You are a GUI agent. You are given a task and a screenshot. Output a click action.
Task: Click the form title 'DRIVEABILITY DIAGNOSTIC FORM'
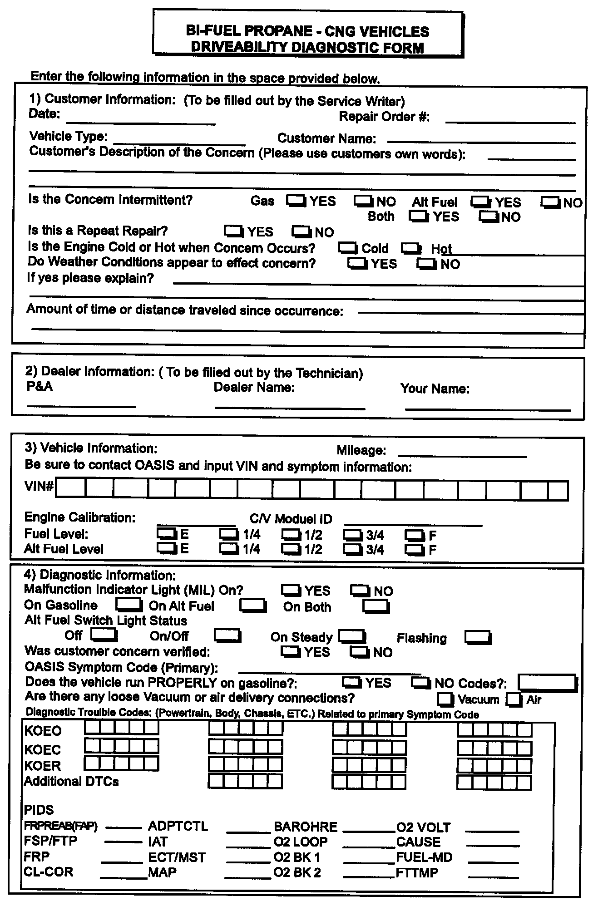[307, 47]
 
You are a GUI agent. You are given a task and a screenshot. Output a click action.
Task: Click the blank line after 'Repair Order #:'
[510, 121]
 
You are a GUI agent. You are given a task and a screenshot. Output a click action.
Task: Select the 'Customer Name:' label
[326, 138]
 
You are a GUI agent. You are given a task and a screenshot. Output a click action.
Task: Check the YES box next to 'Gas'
[296, 201]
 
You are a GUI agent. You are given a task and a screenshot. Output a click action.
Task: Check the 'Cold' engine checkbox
[348, 248]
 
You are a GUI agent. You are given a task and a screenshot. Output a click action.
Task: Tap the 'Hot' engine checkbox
[411, 248]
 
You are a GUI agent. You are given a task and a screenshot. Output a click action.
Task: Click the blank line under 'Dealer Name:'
[290, 407]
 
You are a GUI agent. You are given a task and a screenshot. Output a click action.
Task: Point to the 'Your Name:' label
[435, 389]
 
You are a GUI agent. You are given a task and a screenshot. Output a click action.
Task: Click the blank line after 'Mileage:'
[462, 455]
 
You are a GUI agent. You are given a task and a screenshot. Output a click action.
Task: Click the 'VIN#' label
[39, 487]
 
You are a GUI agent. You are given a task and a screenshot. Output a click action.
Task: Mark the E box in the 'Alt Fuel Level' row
[167, 549]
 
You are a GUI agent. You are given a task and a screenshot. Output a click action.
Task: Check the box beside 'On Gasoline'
[129, 605]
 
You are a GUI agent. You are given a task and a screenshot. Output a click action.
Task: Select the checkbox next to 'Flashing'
[478, 637]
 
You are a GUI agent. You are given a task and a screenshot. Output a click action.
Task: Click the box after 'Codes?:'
[548, 683]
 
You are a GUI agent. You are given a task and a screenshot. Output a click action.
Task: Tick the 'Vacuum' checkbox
[445, 699]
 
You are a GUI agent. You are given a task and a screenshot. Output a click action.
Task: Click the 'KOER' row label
[43, 766]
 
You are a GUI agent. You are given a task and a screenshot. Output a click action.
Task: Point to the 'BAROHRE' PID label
[306, 827]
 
